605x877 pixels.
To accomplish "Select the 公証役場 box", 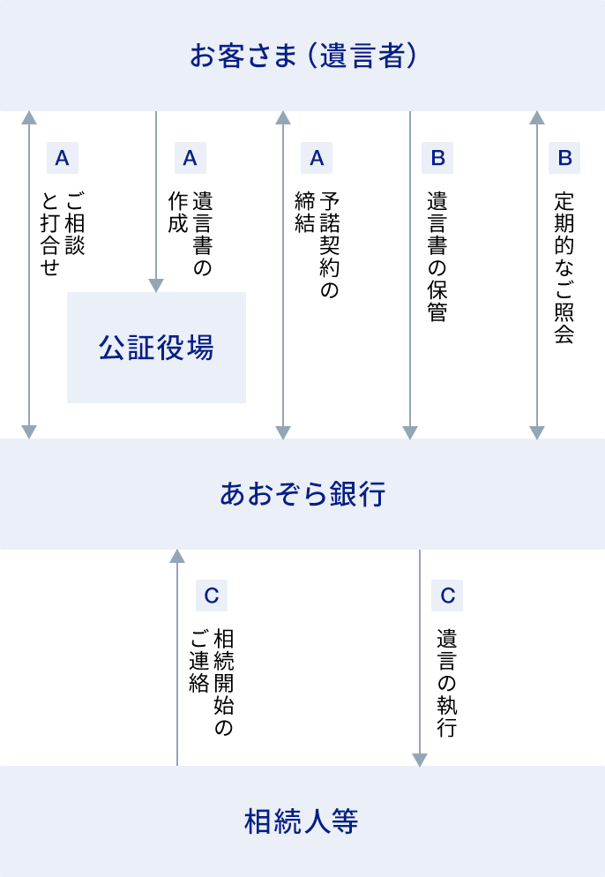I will (156, 348).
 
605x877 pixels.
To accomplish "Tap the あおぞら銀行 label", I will (302, 494).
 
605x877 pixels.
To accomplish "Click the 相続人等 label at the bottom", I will (302, 822).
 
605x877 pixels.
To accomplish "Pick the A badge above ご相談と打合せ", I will (62, 158).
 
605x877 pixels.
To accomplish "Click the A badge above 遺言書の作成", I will (190, 158).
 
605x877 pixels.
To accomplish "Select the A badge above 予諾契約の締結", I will (317, 158).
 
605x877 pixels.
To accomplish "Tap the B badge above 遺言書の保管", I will (437, 158).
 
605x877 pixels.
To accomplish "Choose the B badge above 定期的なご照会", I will (564, 158).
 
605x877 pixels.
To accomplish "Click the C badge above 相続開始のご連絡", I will (211, 596).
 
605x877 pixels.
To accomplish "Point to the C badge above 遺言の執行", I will (447, 596).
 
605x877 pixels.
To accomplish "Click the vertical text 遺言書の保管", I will (437, 256).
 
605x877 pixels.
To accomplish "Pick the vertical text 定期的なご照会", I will (564, 266).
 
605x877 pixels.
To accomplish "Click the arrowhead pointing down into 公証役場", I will (156, 286).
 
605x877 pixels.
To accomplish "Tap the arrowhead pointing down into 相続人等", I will (420, 760).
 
